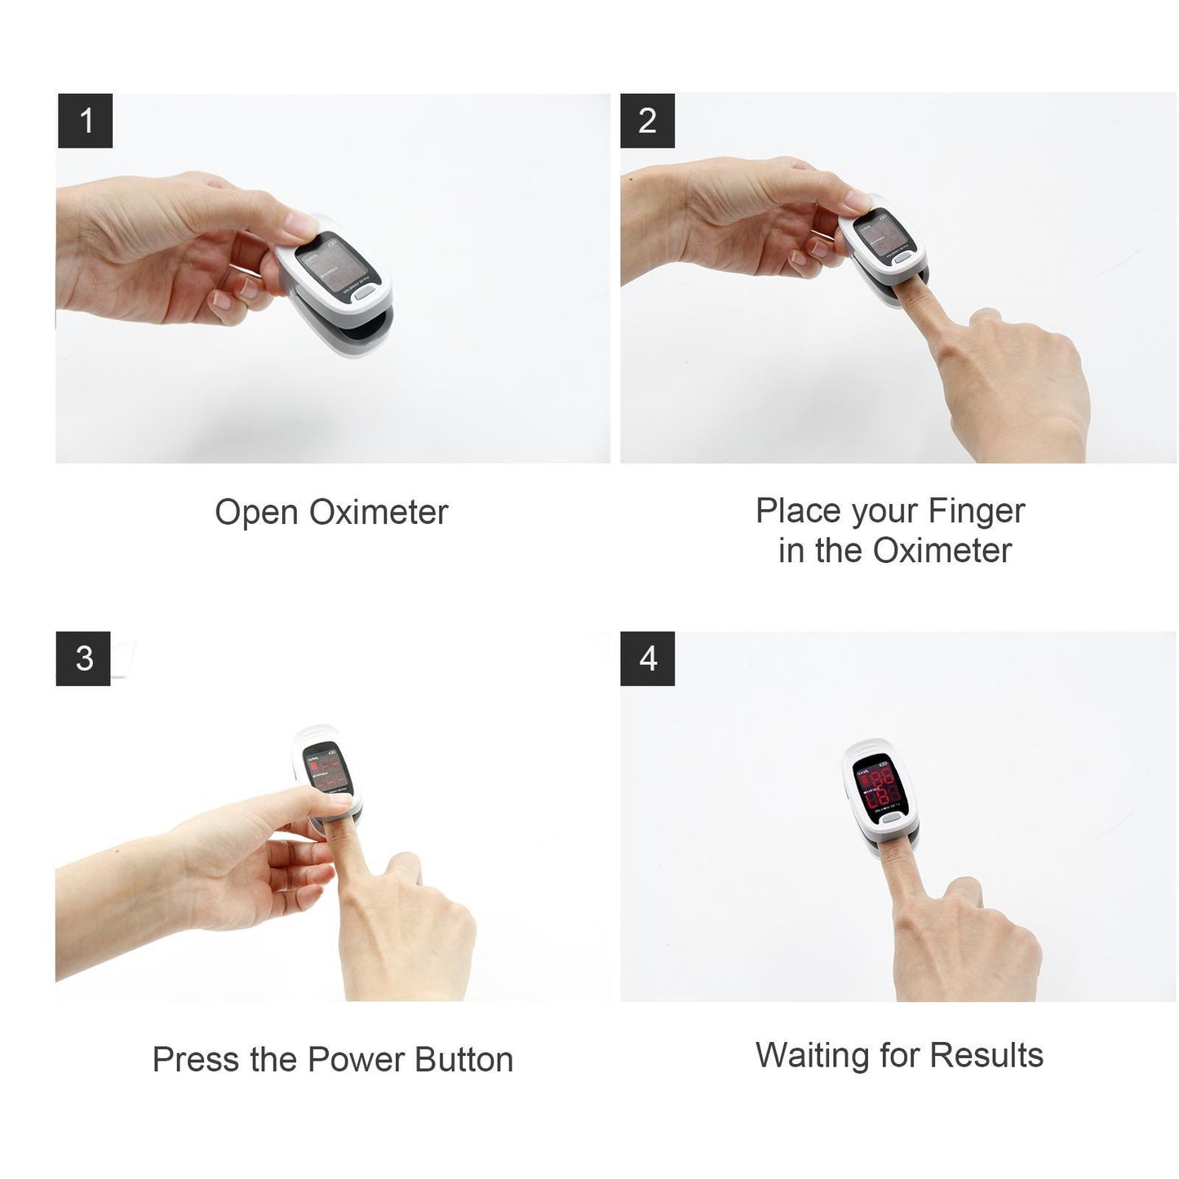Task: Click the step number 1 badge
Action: (85, 121)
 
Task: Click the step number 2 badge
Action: (647, 121)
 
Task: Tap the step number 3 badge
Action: (83, 658)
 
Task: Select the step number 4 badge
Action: (648, 658)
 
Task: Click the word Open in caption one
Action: (256, 513)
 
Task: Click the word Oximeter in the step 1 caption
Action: (379, 513)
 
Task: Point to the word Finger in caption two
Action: (976, 512)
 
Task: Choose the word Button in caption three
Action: (463, 1060)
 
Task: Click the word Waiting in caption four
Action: (813, 1055)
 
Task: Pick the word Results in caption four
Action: (986, 1055)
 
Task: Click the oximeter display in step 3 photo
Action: (327, 771)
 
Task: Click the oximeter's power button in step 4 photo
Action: (893, 818)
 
